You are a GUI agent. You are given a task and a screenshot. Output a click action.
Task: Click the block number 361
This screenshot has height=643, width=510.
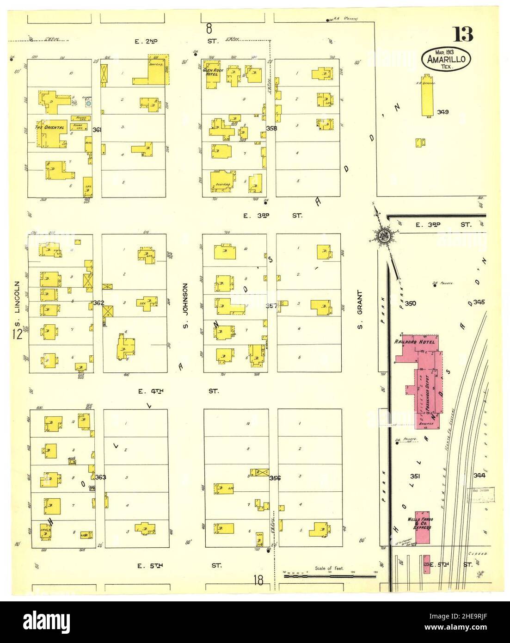(x=97, y=130)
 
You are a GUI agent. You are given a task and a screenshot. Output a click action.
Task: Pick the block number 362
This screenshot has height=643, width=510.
(x=98, y=303)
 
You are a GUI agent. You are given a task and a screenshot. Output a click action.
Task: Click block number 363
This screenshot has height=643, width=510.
(x=100, y=477)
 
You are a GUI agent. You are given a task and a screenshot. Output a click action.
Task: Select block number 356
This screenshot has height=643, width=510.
(x=275, y=478)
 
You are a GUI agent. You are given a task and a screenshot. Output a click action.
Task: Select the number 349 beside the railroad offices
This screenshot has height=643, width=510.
(x=442, y=112)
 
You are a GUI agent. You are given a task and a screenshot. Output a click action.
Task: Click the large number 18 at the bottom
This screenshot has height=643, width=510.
(x=258, y=580)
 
